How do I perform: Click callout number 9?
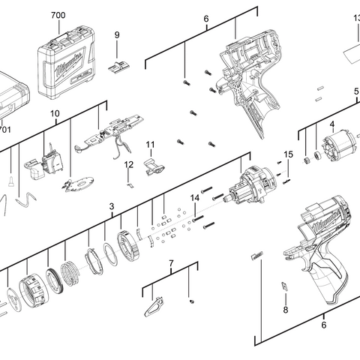click(117, 34)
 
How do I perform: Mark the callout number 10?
click(54, 114)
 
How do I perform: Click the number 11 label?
click(150, 144)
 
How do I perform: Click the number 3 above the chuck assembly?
click(111, 205)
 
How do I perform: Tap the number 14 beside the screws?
click(194, 198)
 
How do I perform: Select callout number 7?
click(170, 264)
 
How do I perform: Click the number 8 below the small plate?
click(285, 310)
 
